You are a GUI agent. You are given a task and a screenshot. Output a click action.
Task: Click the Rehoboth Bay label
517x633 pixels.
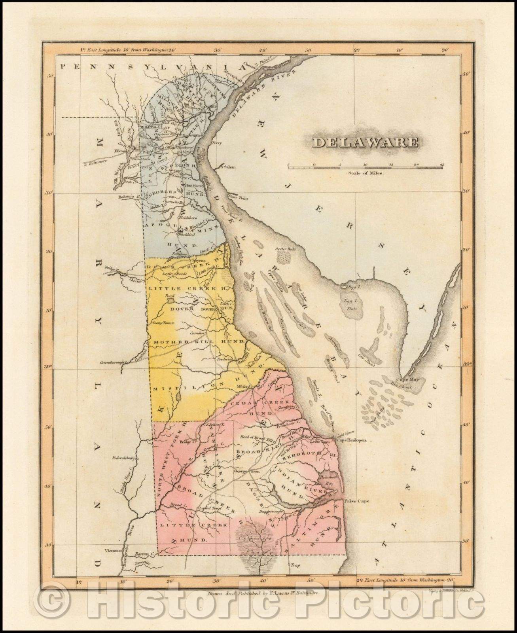pyautogui.click(x=329, y=480)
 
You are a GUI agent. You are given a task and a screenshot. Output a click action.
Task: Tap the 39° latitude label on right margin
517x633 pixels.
pyautogui.click(x=468, y=364)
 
